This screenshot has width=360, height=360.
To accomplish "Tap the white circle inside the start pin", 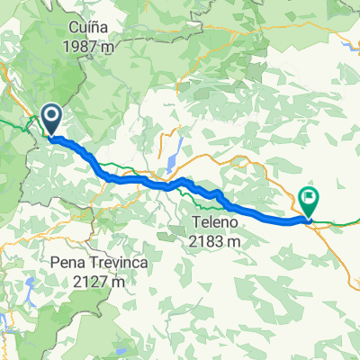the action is tap(50, 114).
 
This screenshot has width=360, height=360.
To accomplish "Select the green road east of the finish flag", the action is tap(342, 219).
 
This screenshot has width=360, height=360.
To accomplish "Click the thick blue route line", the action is tap(135, 179).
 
